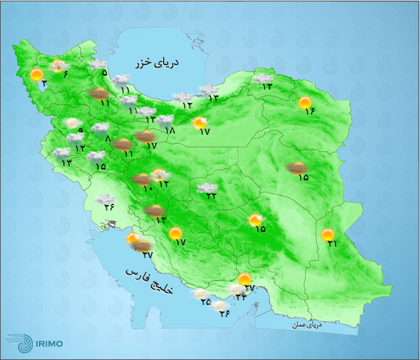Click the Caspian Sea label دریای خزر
tap(159, 64)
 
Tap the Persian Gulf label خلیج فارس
tap(148, 282)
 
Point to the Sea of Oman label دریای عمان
tap(307, 325)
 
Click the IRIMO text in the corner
tap(50, 344)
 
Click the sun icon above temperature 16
tap(306, 103)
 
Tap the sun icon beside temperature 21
tap(327, 235)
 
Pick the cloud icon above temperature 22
tap(207, 188)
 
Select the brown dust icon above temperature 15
tap(296, 168)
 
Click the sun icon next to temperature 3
tap(37, 74)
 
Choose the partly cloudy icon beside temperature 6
tap(58, 66)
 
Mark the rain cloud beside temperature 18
tap(164, 121)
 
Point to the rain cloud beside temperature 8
tap(101, 127)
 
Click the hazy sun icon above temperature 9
tap(72, 123)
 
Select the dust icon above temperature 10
tap(142, 179)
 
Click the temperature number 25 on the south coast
tap(205, 302)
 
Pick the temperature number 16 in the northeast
tap(309, 111)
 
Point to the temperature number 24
tap(241, 297)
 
